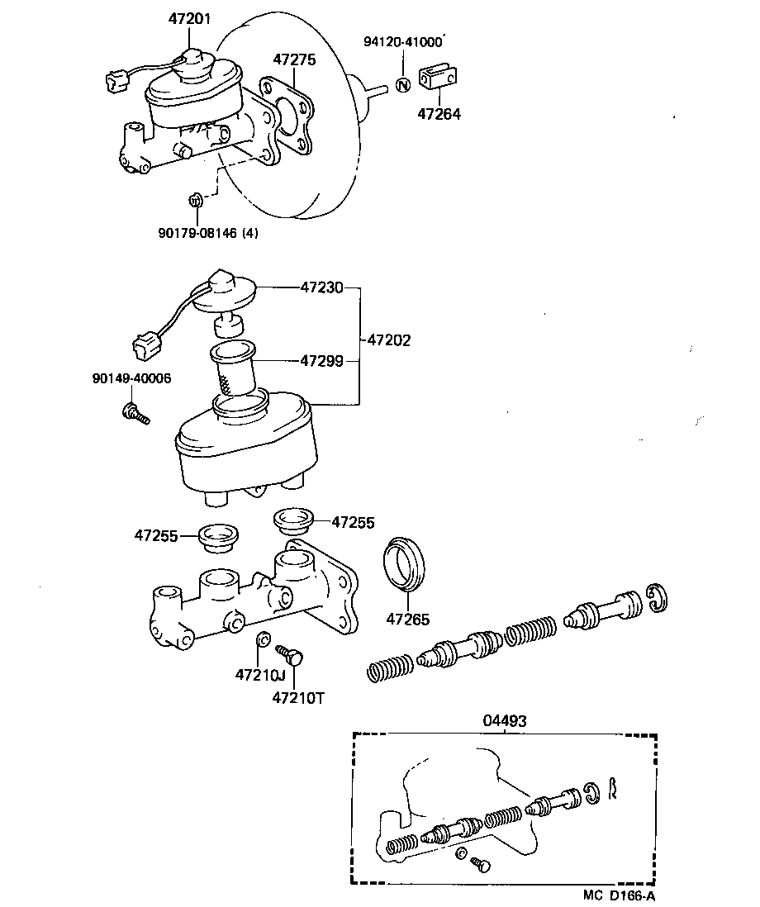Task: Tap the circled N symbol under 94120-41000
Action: [402, 84]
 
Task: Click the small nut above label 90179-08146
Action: [196, 199]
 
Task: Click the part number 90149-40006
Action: [131, 378]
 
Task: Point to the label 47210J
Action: [259, 674]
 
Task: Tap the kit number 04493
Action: [504, 720]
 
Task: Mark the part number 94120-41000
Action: [402, 41]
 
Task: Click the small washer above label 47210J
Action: [262, 639]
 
